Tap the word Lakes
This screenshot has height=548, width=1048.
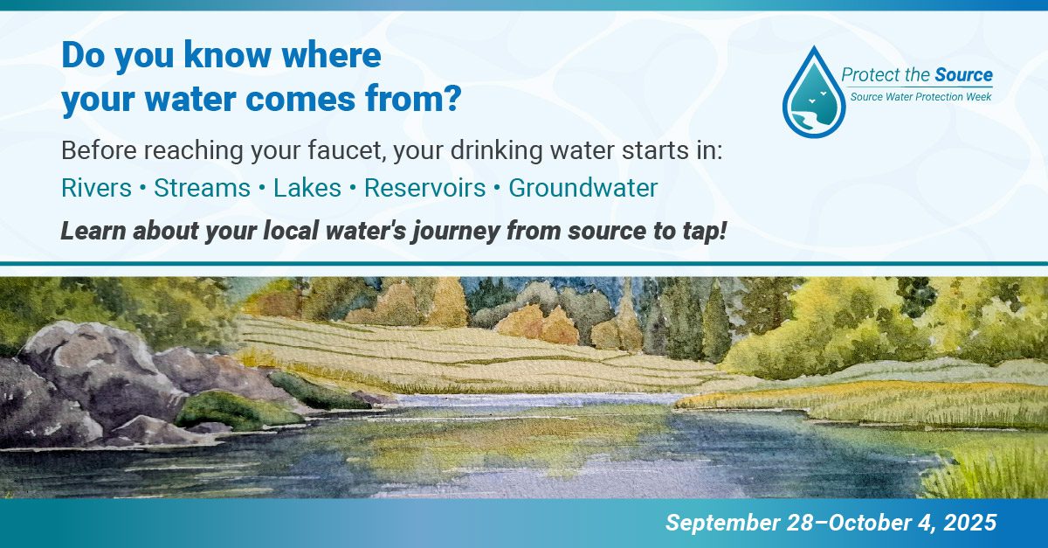[x=307, y=188]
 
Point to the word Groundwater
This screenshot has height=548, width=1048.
[x=583, y=188]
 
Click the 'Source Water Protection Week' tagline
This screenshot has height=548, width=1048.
[x=920, y=96]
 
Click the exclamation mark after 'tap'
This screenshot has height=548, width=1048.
[x=722, y=233]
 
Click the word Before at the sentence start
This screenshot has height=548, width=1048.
[x=99, y=149]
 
